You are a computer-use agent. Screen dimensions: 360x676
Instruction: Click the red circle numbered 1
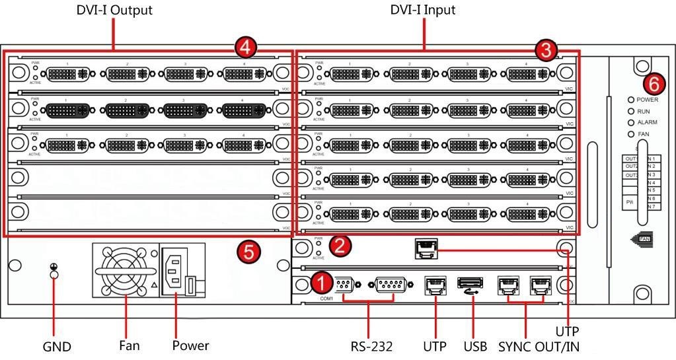[322, 283]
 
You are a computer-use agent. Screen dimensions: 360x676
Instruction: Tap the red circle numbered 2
[340, 246]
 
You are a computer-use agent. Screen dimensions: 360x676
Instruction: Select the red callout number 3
[546, 49]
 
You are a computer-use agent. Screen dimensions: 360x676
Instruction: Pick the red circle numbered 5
[248, 251]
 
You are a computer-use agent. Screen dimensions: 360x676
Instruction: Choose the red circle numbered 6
[654, 84]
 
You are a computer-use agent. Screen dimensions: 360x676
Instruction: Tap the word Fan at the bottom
[130, 345]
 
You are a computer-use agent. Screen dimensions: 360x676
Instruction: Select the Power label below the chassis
[190, 345]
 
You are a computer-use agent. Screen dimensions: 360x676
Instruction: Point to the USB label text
[474, 345]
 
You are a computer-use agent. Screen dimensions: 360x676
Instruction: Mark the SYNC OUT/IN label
[539, 345]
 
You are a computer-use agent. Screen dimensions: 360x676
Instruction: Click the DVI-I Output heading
[114, 10]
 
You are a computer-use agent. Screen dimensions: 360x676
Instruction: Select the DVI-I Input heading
[423, 10]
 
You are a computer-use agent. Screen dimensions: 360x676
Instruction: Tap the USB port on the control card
[467, 283]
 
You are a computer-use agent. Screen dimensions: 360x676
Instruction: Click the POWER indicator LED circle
[631, 100]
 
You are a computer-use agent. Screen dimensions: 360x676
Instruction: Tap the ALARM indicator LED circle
[631, 123]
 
